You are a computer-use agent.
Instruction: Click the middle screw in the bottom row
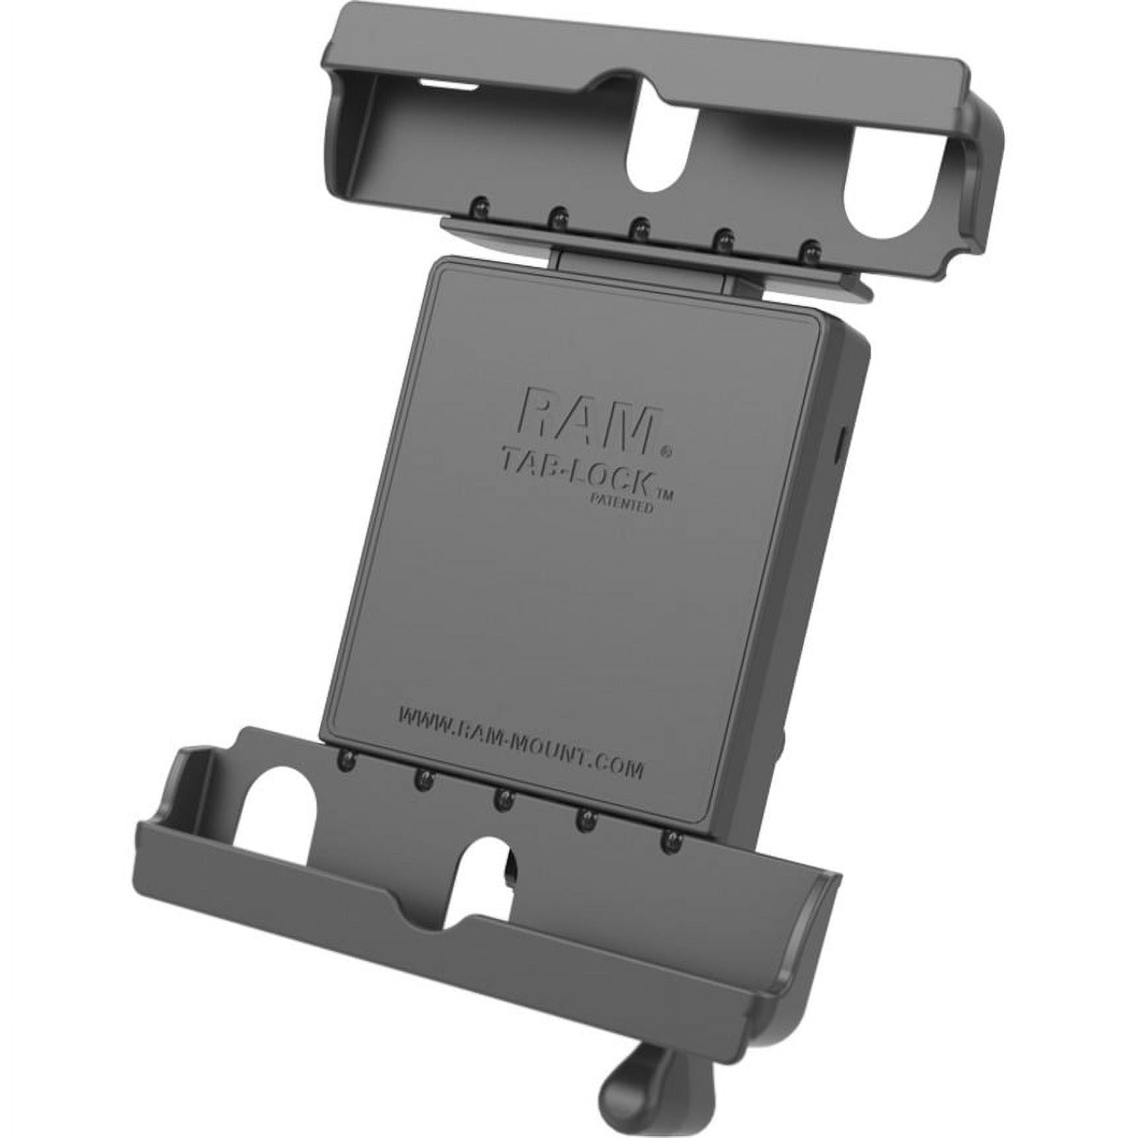pyautogui.click(x=503, y=800)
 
